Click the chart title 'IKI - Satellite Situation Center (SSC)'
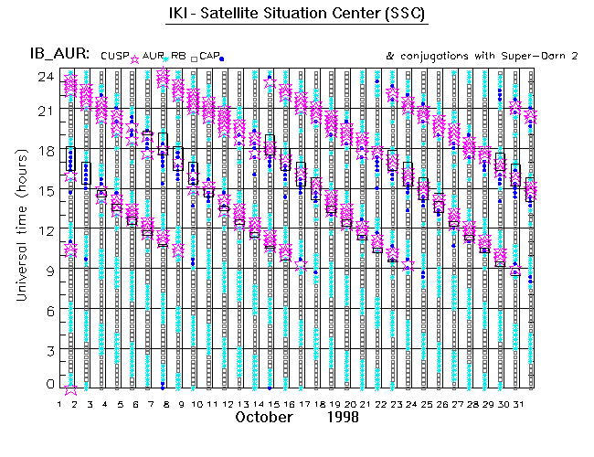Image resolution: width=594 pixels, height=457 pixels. click(297, 16)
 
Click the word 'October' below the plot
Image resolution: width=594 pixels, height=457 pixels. click(265, 417)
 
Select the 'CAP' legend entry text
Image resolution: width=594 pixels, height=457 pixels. click(209, 56)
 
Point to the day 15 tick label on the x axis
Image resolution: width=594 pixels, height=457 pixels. click(273, 402)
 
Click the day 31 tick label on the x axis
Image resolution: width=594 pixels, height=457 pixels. click(517, 402)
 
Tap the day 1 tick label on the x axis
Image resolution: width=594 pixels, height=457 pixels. click(60, 402)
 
